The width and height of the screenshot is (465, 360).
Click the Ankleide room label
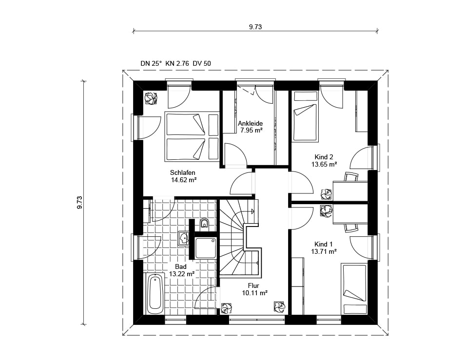tap(251, 123)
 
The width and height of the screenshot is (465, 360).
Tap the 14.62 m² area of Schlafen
tap(184, 180)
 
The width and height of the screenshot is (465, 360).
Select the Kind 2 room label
tap(324, 157)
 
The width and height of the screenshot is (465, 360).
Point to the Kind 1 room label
tap(324, 244)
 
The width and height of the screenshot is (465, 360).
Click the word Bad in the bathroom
tap(181, 266)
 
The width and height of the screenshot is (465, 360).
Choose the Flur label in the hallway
tap(253, 285)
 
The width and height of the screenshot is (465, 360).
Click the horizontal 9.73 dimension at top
tap(255, 27)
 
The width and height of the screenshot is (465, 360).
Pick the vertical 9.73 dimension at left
tap(79, 203)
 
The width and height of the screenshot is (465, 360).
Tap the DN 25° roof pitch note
tap(151, 63)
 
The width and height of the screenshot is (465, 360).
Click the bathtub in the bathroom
tap(155, 294)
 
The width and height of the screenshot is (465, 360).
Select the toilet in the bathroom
tap(204, 224)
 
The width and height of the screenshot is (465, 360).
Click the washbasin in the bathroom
tap(184, 239)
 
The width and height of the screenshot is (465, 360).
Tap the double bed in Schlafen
tap(192, 136)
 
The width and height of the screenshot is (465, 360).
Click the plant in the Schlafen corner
tap(151, 98)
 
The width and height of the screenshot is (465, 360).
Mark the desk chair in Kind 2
tap(351, 177)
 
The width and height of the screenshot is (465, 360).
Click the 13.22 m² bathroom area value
tap(182, 274)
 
